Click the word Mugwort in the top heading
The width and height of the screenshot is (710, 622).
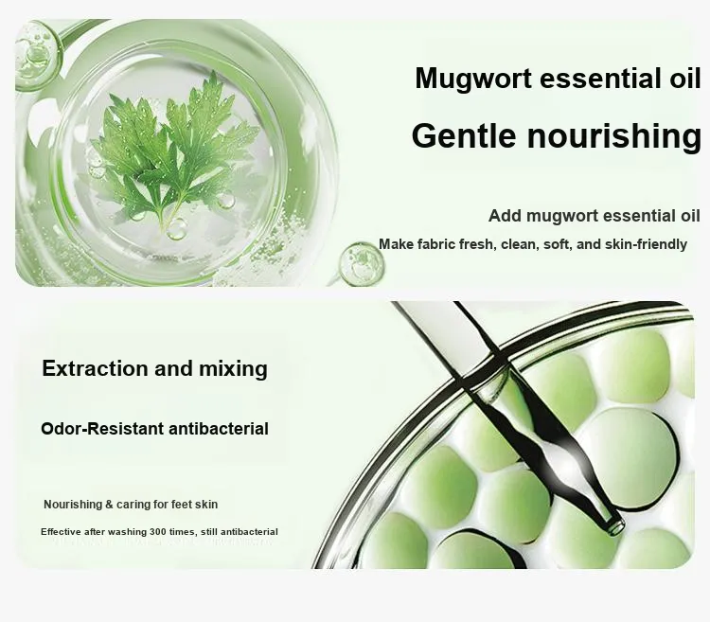pyautogui.click(x=473, y=80)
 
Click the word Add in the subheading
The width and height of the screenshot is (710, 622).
pyautogui.click(x=505, y=216)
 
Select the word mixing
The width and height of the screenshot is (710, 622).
pyautogui.click(x=233, y=369)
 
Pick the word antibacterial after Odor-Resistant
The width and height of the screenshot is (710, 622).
pyautogui.click(x=219, y=429)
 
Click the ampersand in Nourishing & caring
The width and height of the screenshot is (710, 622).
pyautogui.click(x=109, y=505)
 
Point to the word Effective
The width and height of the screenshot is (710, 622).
pyautogui.click(x=61, y=532)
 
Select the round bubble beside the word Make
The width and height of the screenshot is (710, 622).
pyautogui.click(x=361, y=264)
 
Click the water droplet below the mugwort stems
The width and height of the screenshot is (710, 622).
pyautogui.click(x=176, y=228)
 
